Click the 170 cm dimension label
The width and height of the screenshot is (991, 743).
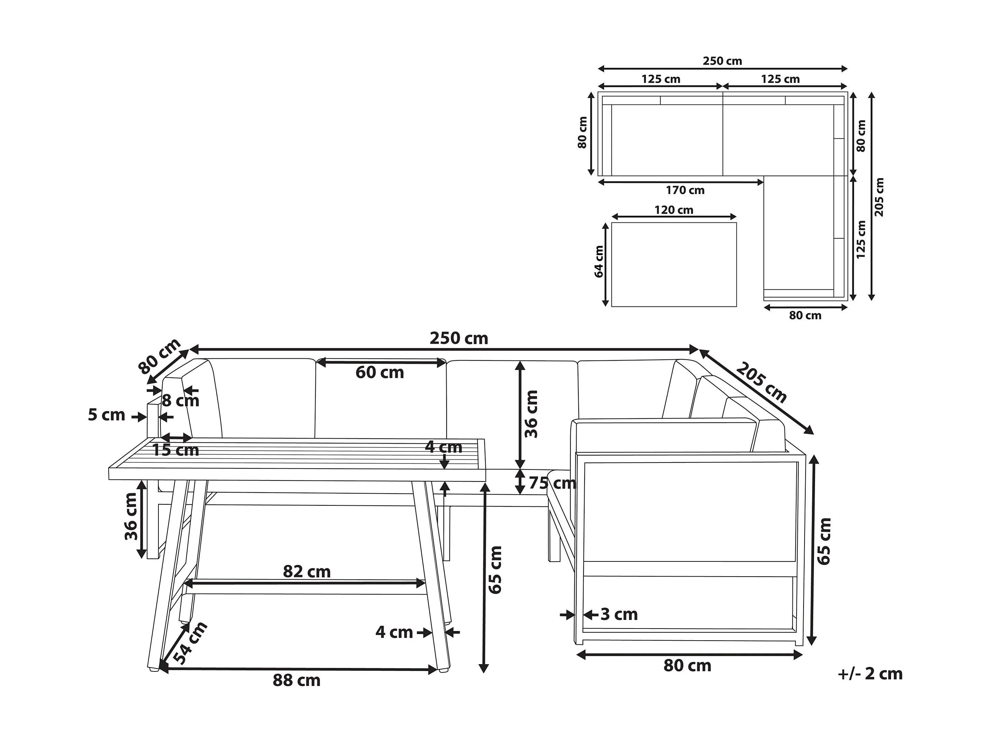tap(685, 191)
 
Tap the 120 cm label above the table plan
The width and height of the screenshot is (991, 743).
tap(674, 210)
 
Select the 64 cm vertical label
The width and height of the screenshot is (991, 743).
tap(599, 262)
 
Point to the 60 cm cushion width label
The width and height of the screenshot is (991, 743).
tap(380, 373)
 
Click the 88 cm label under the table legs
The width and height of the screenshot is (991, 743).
tap(296, 681)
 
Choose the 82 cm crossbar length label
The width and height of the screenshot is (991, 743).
tap(307, 572)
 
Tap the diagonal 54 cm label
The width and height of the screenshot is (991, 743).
tap(190, 643)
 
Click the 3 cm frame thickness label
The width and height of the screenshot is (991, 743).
tap(619, 614)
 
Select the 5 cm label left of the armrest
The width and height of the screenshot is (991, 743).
tap(107, 415)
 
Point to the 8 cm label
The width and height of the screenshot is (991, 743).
tap(181, 401)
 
